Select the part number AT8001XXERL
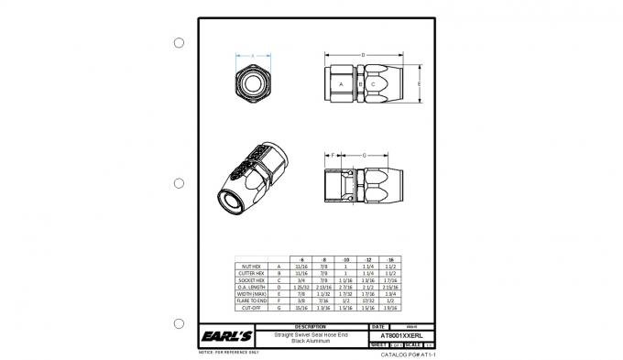399,336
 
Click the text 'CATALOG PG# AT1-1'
407,353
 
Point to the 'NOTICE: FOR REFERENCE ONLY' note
229,351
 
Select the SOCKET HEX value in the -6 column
302,279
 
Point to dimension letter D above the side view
364,56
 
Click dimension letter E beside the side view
420,83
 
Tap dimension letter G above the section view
365,156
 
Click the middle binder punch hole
179,183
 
